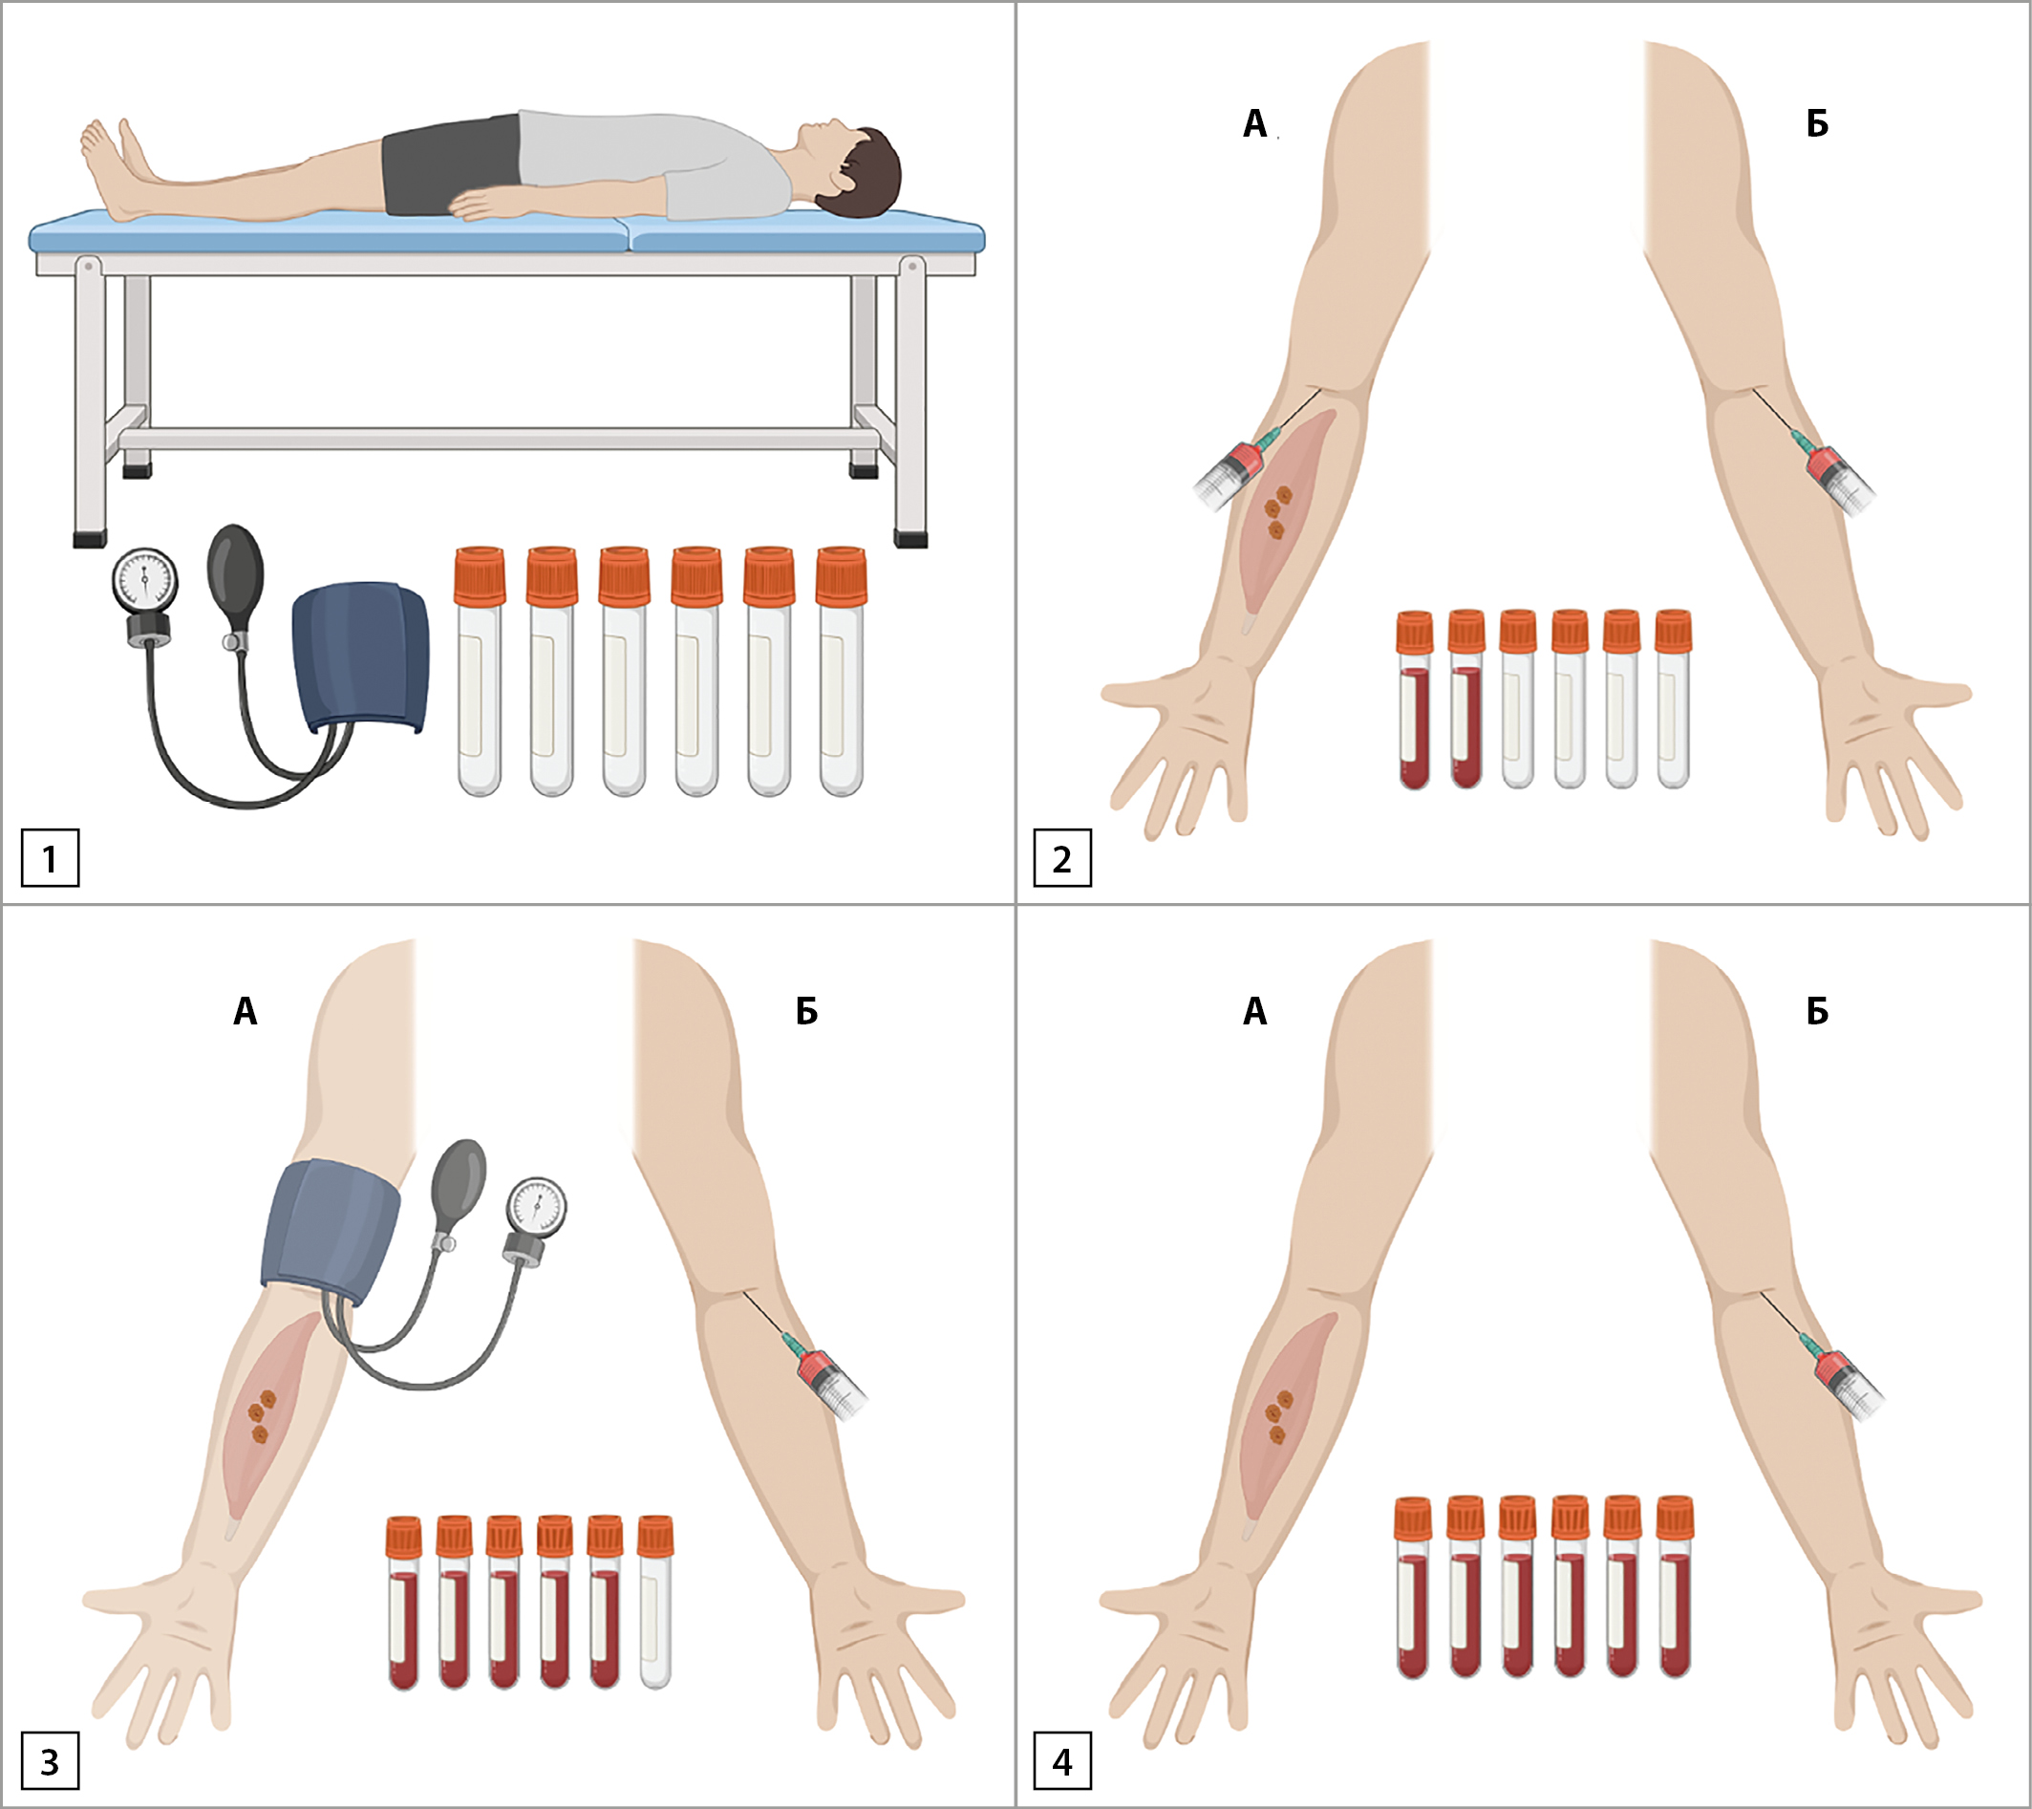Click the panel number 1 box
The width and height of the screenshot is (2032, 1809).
click(x=50, y=857)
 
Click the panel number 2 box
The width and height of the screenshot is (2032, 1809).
click(x=1061, y=857)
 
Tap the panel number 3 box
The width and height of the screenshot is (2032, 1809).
click(x=50, y=1761)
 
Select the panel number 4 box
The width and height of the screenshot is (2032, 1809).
click(x=1061, y=1761)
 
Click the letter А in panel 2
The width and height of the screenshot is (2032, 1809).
click(x=1254, y=123)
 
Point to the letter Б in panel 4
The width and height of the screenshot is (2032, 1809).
click(x=1817, y=1011)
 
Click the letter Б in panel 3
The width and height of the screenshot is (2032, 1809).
click(x=806, y=1011)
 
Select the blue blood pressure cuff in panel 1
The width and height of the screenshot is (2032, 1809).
click(x=361, y=658)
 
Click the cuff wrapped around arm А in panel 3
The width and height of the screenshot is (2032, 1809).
click(x=332, y=1231)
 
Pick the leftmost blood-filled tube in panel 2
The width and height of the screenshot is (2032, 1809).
click(x=1415, y=700)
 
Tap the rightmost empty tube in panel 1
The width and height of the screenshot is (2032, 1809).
click(x=841, y=671)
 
